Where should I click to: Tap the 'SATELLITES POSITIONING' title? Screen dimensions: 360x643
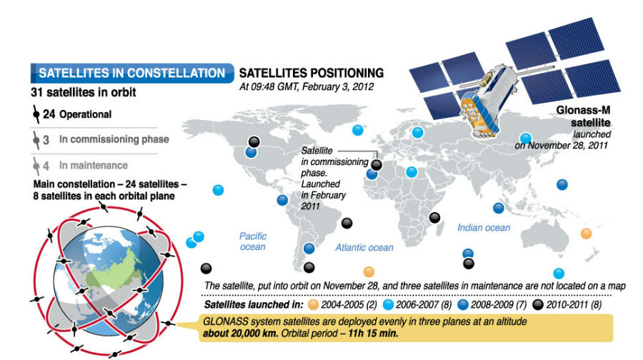coord(311,73)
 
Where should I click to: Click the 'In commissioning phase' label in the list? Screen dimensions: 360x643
coord(114,139)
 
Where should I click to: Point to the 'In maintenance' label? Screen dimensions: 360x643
coord(94,165)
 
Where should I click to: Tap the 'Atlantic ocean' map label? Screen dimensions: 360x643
coord(364,247)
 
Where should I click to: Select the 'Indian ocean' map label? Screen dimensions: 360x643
coord(484,227)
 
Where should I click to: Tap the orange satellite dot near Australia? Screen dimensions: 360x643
coord(587,233)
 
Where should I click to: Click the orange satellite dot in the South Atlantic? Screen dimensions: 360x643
coord(369,271)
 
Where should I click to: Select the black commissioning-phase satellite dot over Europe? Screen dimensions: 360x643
coord(377,165)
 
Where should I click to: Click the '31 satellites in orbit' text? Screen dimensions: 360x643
coord(84,92)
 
